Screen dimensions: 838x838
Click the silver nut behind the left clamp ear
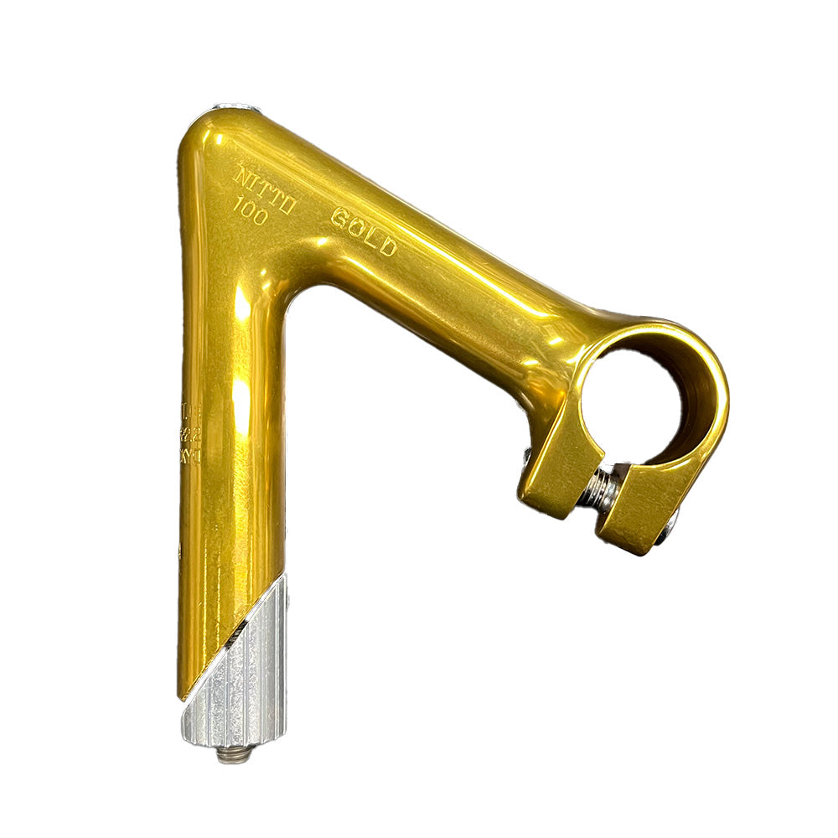pos(525,458)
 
